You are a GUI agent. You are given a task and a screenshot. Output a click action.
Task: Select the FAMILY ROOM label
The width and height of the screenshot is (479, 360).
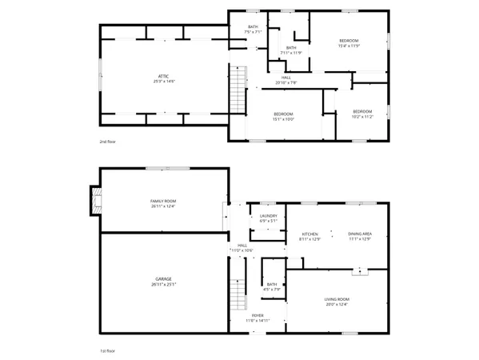pos(163,200)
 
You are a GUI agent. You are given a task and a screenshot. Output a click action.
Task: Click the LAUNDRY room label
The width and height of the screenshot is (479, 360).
pos(268,216)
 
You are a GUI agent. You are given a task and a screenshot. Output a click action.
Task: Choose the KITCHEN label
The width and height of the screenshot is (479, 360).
pos(309,234)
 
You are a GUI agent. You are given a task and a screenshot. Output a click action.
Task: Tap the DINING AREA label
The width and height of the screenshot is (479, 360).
pos(360,234)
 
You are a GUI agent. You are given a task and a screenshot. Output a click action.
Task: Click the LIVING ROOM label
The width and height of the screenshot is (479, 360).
pos(337,299)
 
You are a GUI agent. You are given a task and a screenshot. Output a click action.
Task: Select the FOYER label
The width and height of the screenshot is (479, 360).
pos(257,315)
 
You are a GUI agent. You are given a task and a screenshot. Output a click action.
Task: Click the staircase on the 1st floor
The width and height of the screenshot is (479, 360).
pos(238,298)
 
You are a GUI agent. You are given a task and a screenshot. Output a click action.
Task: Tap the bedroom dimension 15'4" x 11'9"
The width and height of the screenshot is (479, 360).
pos(349,46)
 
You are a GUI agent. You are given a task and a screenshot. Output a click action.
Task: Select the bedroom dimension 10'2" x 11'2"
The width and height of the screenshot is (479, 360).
pos(363,116)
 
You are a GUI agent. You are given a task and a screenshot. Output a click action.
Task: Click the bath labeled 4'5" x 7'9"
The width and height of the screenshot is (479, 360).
pos(272,289)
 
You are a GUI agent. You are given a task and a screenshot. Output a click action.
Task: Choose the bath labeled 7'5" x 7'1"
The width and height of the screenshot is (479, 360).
pos(253,32)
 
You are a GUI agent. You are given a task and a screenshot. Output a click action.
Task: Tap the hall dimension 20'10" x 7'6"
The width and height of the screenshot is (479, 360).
pos(285,82)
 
